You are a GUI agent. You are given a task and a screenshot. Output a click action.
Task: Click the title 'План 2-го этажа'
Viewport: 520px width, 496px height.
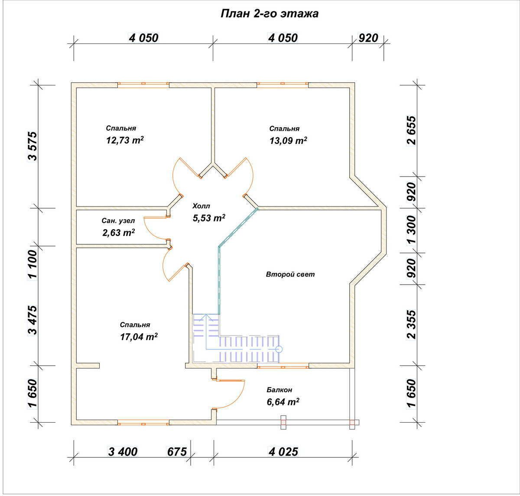[270, 14]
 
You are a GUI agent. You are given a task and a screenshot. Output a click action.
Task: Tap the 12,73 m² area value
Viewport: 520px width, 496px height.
[125, 140]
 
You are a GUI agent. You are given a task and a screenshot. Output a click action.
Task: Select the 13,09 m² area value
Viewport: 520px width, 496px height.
[288, 141]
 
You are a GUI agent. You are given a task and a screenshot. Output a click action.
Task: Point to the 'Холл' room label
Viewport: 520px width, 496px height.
[201, 206]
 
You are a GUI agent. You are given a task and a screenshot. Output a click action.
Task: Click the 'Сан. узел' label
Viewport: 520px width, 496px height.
[118, 220]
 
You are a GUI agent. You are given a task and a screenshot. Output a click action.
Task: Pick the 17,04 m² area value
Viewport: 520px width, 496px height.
[139, 337]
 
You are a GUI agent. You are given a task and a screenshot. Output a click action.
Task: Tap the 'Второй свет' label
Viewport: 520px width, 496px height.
[290, 274]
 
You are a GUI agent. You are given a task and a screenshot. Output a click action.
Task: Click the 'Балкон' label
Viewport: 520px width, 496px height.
[279, 390]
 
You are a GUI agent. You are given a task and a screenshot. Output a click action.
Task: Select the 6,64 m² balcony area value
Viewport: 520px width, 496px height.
[283, 402]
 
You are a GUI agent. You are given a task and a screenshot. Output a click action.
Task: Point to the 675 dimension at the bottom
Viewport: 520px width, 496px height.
[177, 452]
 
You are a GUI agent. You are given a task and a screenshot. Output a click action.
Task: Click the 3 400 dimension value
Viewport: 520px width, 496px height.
[123, 452]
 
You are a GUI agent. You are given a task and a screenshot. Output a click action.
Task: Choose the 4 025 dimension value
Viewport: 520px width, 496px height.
[283, 452]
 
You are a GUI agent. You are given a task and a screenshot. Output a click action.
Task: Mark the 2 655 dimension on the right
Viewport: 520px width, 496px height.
[412, 130]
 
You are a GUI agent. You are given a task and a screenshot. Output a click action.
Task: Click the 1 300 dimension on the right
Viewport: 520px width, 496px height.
[412, 230]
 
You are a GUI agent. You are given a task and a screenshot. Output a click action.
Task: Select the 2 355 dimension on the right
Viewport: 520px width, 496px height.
[412, 325]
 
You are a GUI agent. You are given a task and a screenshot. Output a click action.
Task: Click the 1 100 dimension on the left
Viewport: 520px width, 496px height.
[33, 264]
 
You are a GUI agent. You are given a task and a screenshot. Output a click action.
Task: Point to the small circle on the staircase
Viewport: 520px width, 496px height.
[279, 349]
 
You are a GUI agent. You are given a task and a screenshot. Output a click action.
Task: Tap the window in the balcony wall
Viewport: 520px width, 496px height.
[283, 367]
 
